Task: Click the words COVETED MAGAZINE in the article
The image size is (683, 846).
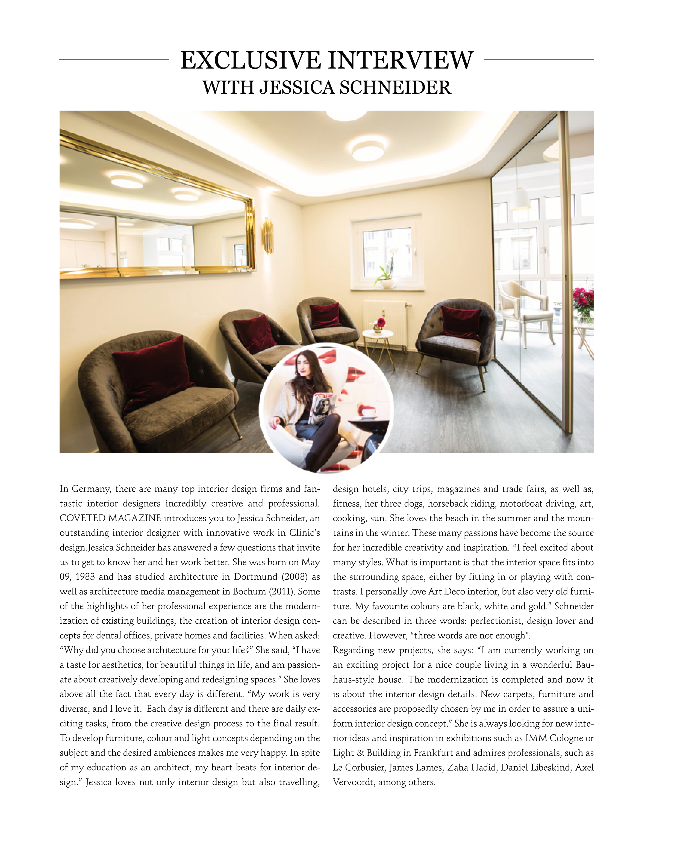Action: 110,518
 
